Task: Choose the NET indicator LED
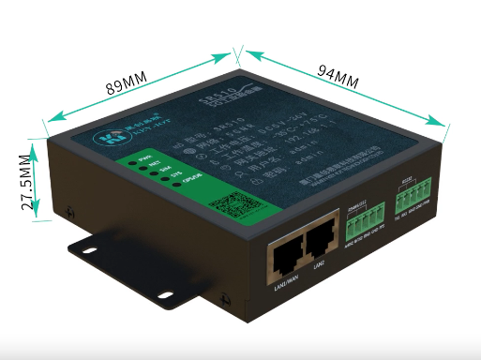coord(142,168)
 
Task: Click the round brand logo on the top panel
coord(96,138)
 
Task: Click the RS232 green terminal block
coord(412,198)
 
